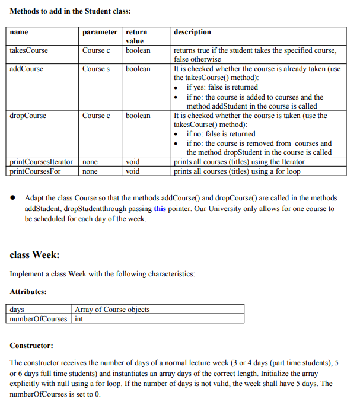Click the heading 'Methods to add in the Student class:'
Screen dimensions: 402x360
pos(71,11)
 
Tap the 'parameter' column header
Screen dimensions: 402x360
pos(100,32)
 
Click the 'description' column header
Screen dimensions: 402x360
pos(192,32)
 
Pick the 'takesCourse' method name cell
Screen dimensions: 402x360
pos(29,50)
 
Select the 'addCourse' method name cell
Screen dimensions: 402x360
pos(27,69)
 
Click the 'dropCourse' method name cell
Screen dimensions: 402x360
pos(28,116)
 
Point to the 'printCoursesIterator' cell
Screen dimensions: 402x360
pos(42,162)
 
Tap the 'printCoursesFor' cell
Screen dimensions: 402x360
pos(36,171)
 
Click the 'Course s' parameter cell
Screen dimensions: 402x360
pos(96,69)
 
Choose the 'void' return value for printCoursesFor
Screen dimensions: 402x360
pos(133,171)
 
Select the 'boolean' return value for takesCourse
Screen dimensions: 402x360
pos(138,50)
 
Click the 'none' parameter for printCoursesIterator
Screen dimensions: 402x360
pos(90,162)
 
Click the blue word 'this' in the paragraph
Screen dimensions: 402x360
pos(160,209)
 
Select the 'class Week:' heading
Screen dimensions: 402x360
pos(34,256)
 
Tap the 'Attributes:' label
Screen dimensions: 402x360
pos(28,292)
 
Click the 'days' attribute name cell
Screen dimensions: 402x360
pos(17,310)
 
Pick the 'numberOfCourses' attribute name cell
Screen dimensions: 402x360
pos(39,319)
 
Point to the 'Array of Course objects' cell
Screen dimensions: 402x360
pos(112,310)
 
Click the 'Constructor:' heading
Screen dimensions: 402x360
pos(31,346)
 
